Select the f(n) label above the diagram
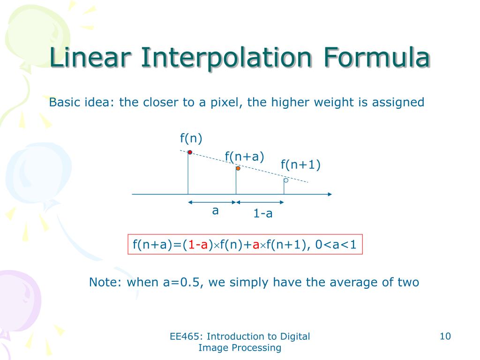191,138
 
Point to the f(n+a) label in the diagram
244,157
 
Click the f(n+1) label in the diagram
300,165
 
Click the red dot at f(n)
190,152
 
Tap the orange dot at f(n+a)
238,168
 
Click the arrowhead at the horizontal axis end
330,194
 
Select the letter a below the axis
215,211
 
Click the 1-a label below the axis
263,214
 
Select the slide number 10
445,336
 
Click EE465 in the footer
185,336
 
